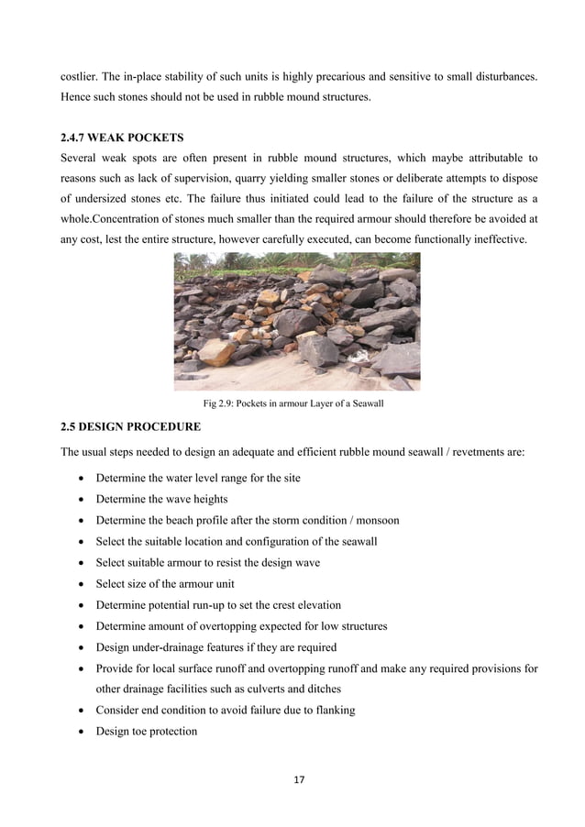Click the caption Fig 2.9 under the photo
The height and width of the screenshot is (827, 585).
(292, 403)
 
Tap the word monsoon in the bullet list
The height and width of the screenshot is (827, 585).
(375, 520)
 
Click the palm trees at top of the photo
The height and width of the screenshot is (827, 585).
(275, 263)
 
